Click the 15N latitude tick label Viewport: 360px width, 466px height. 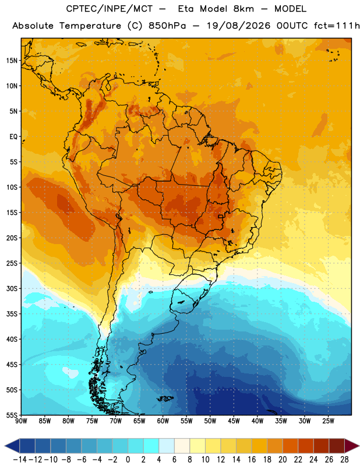point(12,61)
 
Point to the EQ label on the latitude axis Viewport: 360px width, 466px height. point(13,137)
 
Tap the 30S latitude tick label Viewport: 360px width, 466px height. point(12,288)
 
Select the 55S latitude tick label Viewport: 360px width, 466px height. point(12,415)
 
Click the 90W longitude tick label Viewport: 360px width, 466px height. point(22,421)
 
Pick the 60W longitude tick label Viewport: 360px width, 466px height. point(163,421)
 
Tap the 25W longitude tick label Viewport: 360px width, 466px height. point(328,421)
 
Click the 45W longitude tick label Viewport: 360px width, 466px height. point(234,421)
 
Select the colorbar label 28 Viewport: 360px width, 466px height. point(344,460)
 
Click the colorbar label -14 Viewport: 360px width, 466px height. point(20,460)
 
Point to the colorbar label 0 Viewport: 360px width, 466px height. point(128,460)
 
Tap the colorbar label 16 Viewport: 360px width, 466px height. point(252,460)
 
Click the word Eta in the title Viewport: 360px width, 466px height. point(186,9)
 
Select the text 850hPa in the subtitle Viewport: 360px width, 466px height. point(167,26)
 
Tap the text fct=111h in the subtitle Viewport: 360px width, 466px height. point(337,26)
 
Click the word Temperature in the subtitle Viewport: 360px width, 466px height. point(90,26)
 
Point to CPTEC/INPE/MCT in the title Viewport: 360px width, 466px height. point(110,9)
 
